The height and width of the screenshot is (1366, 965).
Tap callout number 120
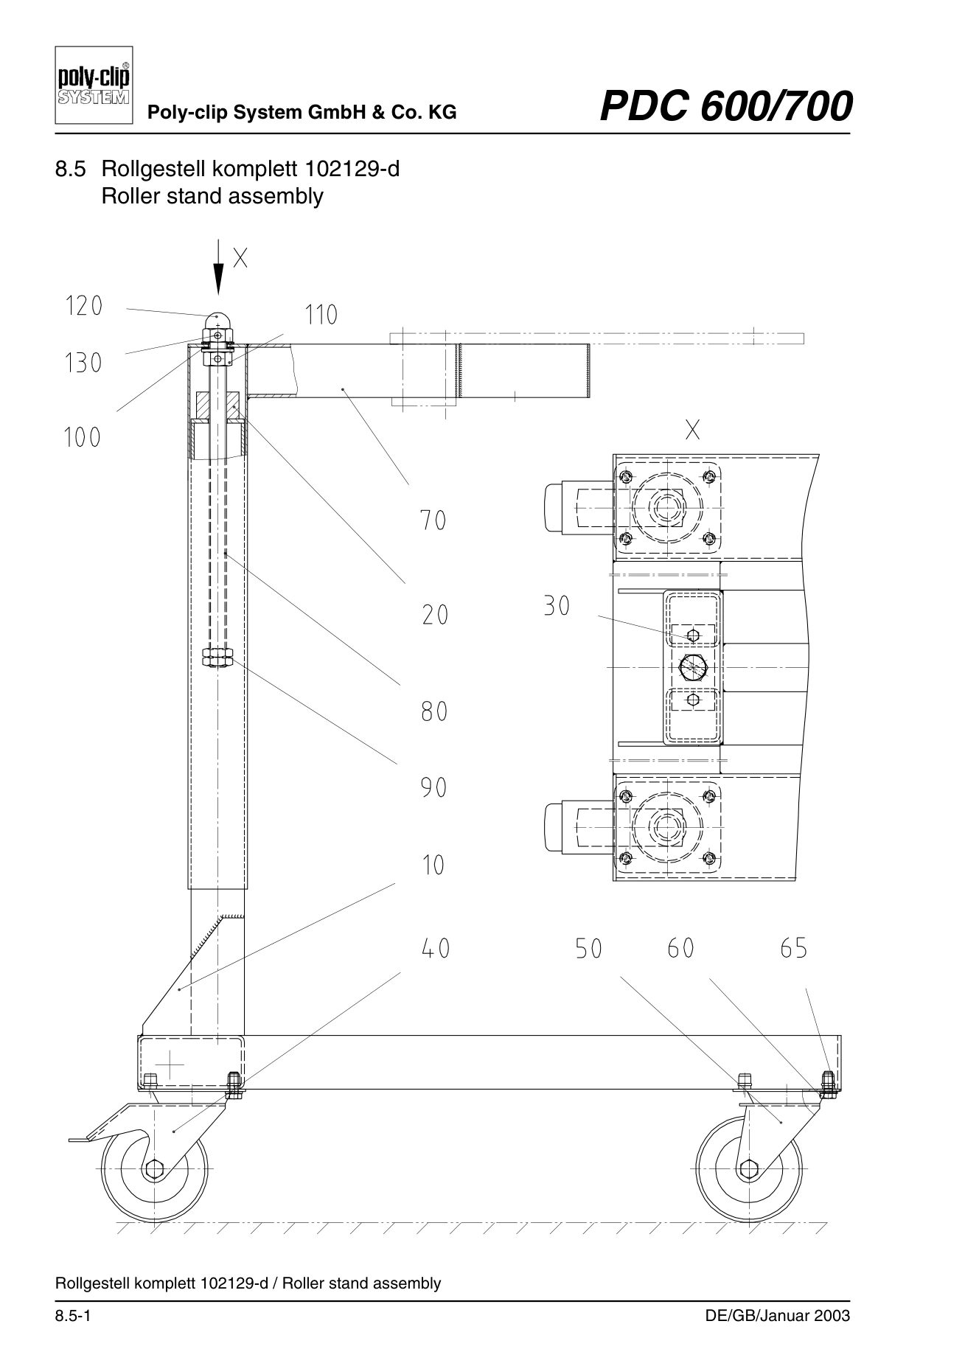click(x=84, y=306)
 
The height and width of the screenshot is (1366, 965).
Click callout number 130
click(x=83, y=363)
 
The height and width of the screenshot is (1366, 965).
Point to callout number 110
click(x=321, y=316)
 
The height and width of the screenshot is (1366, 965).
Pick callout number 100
click(x=82, y=438)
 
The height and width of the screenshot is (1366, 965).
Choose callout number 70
click(x=433, y=521)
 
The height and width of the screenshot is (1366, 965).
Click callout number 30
click(x=557, y=607)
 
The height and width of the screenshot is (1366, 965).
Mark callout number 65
click(x=793, y=948)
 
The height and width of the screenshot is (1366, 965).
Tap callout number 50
click(x=588, y=949)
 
